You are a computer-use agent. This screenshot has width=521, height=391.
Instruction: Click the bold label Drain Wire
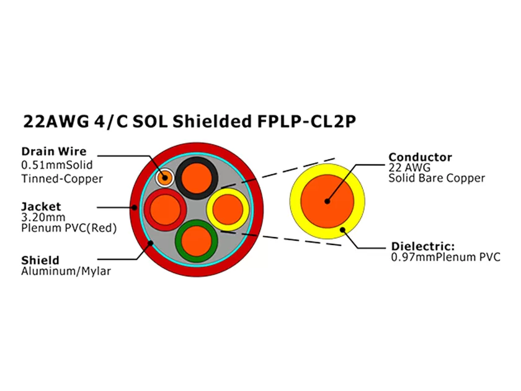pos(54,151)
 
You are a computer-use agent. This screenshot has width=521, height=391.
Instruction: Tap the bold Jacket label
pos(40,206)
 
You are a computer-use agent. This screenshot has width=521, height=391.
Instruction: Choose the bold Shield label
pos(40,260)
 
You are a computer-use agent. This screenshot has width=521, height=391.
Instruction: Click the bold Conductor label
pos(420,157)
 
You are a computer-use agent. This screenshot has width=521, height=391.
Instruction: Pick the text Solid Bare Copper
pos(437,179)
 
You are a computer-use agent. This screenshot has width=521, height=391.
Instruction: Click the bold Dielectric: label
pos(422,246)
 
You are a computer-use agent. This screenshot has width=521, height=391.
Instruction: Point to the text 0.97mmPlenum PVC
pos(445,257)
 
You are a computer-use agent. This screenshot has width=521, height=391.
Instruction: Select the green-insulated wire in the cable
pos(196,241)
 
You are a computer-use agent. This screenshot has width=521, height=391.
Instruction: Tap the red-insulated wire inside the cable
pos(165,209)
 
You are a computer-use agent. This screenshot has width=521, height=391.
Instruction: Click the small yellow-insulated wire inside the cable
pos(228,209)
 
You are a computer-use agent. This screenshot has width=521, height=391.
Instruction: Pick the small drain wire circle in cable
pos(165,178)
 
